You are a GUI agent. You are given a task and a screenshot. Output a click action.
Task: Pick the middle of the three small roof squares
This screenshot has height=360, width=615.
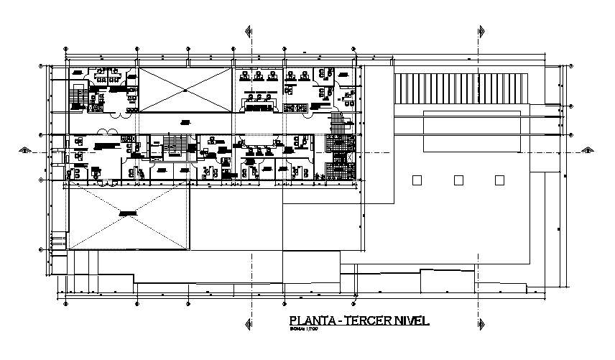tap(458, 180)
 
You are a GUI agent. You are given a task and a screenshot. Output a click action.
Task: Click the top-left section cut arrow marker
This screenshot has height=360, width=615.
tap(249, 32)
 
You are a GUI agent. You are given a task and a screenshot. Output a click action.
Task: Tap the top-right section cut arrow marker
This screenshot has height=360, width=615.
tap(479, 32)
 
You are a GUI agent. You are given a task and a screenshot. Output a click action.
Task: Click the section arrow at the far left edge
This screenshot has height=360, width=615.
tap(25, 150)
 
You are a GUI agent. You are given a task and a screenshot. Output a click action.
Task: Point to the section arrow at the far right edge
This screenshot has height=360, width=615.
tap(587, 150)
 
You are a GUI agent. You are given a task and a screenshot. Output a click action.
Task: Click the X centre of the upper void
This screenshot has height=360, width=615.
tap(185, 90)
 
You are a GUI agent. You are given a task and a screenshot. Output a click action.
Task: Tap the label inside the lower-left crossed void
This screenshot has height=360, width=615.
tap(128, 213)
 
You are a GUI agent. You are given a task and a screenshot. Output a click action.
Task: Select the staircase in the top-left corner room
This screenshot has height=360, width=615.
tap(78, 96)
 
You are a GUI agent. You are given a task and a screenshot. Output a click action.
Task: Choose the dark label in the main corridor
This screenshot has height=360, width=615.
tap(185, 121)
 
